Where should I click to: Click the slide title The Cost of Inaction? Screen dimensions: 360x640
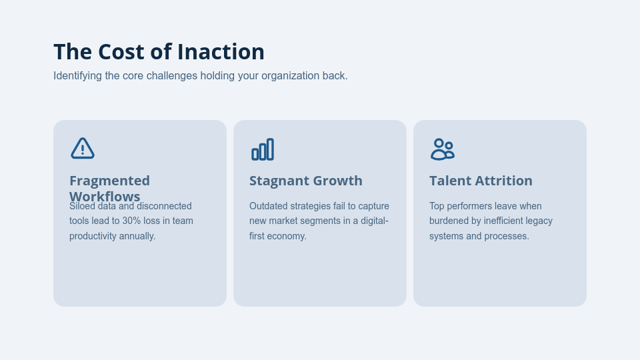pyautogui.click(x=159, y=52)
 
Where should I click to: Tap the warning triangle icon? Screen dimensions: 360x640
pyautogui.click(x=83, y=149)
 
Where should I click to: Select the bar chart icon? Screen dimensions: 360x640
pyautogui.click(x=263, y=149)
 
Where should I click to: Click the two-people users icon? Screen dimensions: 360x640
pyautogui.click(x=442, y=149)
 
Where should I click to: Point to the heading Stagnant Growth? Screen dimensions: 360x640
pyautogui.click(x=306, y=181)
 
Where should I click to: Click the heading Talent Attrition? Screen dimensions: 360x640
pyautogui.click(x=481, y=181)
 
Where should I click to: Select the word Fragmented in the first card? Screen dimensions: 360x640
pyautogui.click(x=109, y=181)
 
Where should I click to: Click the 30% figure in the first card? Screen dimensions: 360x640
pyautogui.click(x=131, y=221)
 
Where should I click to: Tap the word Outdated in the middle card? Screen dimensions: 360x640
pyautogui.click(x=269, y=206)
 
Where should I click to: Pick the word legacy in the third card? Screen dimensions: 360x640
pyautogui.click(x=539, y=221)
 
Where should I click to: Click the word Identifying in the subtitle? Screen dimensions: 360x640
pyautogui.click(x=77, y=76)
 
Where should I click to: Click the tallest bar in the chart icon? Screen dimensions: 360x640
pyautogui.click(x=270, y=149)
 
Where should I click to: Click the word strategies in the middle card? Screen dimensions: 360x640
pyautogui.click(x=310, y=206)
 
